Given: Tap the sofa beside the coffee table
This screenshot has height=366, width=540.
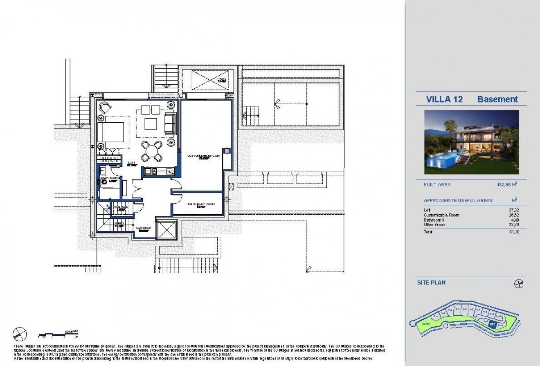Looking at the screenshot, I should (170, 123).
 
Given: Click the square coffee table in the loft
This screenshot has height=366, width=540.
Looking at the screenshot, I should (150, 123).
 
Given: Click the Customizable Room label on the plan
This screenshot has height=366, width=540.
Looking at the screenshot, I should (203, 156).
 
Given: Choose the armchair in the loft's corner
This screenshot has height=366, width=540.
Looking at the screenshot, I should (105, 108).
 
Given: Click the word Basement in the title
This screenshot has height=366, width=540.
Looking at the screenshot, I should (497, 99).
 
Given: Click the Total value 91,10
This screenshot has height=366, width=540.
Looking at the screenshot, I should (514, 232).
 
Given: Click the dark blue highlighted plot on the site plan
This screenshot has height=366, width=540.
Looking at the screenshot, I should (493, 325).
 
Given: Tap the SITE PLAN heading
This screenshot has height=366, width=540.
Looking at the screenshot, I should (431, 283).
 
